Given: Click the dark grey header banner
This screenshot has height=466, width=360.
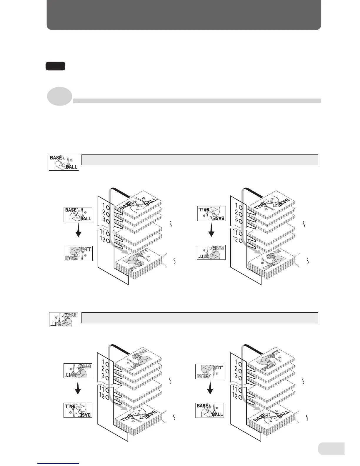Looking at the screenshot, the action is pyautogui.click(x=184, y=15).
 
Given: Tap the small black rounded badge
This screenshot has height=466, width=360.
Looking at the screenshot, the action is pyautogui.click(x=55, y=66).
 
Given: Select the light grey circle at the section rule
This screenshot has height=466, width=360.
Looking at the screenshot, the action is pyautogui.click(x=60, y=97).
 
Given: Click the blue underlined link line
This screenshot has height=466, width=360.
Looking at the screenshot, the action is pyautogui.click(x=59, y=463).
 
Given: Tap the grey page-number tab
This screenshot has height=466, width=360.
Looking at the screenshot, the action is pyautogui.click(x=331, y=449).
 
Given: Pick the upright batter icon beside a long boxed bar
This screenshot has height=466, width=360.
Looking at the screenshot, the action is pyautogui.click(x=64, y=162).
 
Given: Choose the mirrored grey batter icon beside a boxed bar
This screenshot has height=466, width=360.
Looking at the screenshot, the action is pyautogui.click(x=63, y=319).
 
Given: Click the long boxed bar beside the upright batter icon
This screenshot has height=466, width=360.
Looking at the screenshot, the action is pyautogui.click(x=200, y=160).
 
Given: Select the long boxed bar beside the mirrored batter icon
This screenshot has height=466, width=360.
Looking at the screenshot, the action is pyautogui.click(x=200, y=318).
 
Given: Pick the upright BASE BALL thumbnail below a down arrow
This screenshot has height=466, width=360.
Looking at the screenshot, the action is pyautogui.click(x=210, y=410).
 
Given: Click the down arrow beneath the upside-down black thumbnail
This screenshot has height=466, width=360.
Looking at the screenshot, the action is pyautogui.click(x=211, y=230).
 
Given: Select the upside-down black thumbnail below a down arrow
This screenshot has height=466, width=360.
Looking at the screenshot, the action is pyautogui.click(x=78, y=410).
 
